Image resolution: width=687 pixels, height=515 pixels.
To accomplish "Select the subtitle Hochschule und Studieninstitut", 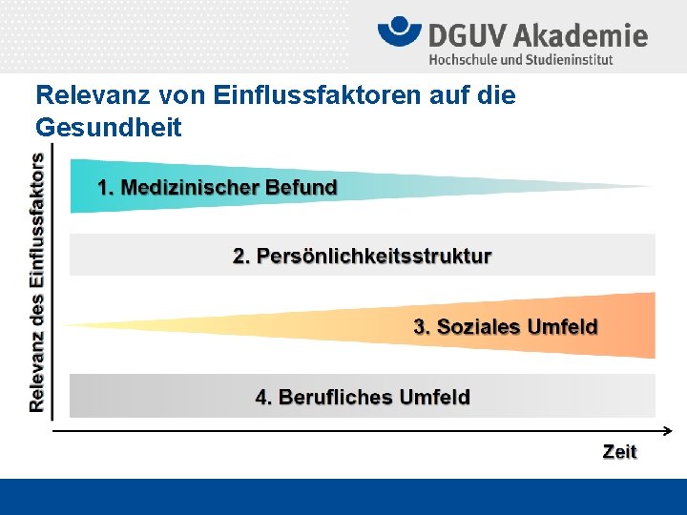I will tap(521, 59).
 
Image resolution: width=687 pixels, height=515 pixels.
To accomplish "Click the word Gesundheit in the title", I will tap(108, 126).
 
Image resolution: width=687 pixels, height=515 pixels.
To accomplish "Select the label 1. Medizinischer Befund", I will tap(218, 187).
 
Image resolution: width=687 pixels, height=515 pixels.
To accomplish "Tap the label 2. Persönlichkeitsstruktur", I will tap(363, 256).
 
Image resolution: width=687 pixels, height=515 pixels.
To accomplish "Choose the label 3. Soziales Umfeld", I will tap(505, 327).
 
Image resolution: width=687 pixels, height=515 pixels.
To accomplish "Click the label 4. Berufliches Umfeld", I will tap(363, 397).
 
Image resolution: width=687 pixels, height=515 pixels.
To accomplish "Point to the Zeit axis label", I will tap(619, 452).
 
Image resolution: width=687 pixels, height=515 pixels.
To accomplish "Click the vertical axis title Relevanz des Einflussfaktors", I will tap(37, 282).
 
